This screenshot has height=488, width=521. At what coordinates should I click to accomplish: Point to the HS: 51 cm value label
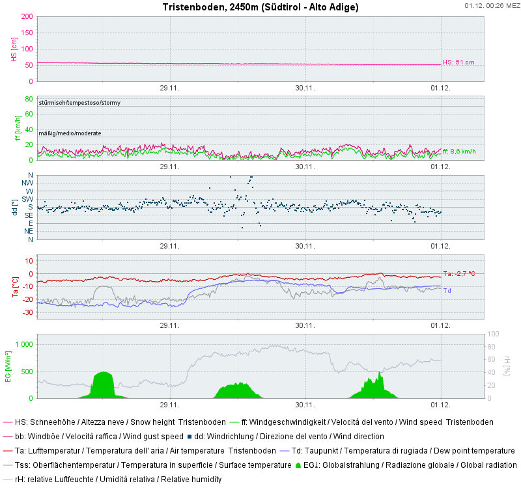(458, 62)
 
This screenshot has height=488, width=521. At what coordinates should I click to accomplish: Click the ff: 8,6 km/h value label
(459, 151)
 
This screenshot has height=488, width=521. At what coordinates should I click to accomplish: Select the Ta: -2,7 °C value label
(458, 274)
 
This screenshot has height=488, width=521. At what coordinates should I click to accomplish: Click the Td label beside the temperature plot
(447, 290)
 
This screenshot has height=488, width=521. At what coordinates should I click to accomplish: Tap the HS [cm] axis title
(14, 49)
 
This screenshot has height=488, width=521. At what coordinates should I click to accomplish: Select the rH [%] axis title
(507, 366)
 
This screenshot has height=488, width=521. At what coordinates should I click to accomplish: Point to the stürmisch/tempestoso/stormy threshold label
(79, 103)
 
